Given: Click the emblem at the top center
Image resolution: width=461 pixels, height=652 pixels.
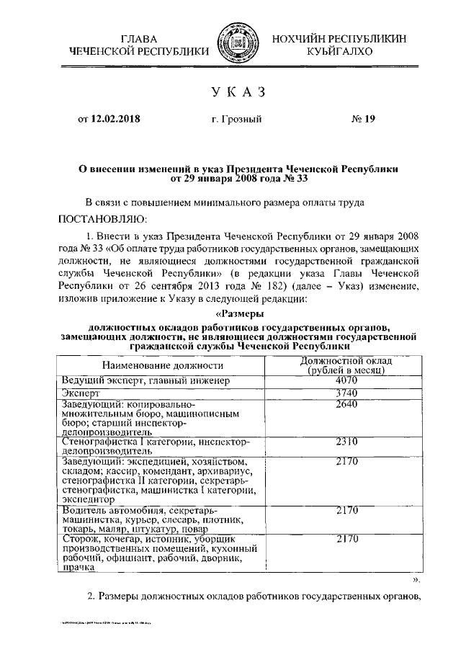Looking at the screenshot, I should click(x=230, y=45).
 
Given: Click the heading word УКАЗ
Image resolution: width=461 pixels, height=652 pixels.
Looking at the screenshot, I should click(x=230, y=92).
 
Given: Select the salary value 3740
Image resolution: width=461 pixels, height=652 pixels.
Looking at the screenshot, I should click(x=346, y=393).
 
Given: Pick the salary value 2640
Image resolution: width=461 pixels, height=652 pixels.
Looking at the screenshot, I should click(x=346, y=406).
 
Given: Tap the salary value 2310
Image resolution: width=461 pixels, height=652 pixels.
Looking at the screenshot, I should click(x=346, y=442).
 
